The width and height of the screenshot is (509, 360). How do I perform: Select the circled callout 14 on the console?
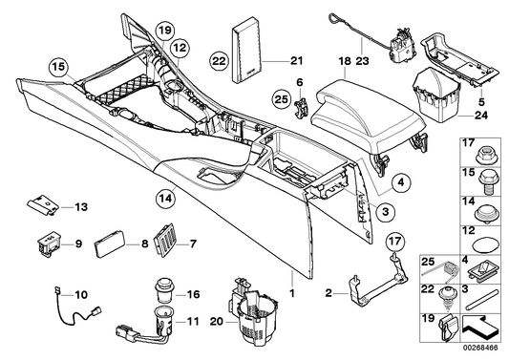[x=165, y=200]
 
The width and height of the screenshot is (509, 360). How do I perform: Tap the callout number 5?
[x=480, y=100]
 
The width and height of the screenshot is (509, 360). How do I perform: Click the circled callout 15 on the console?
[x=59, y=67]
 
